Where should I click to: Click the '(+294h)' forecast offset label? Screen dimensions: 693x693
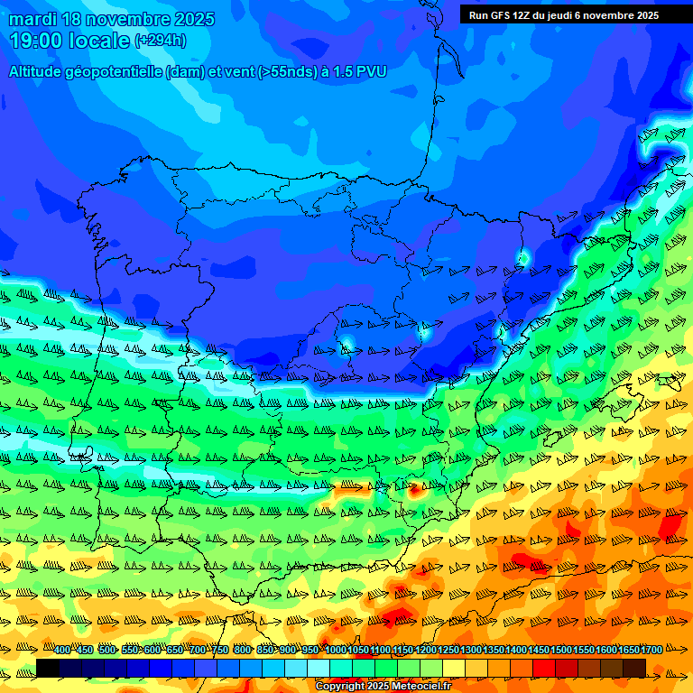click(x=160, y=41)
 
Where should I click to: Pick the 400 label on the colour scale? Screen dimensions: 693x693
click(x=62, y=650)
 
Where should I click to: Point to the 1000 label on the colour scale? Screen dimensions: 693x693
click(x=335, y=650)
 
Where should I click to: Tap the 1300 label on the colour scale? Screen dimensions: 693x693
click(x=470, y=650)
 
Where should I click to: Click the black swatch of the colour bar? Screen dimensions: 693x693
click(x=48, y=668)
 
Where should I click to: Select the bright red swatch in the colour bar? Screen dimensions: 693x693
click(x=544, y=668)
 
